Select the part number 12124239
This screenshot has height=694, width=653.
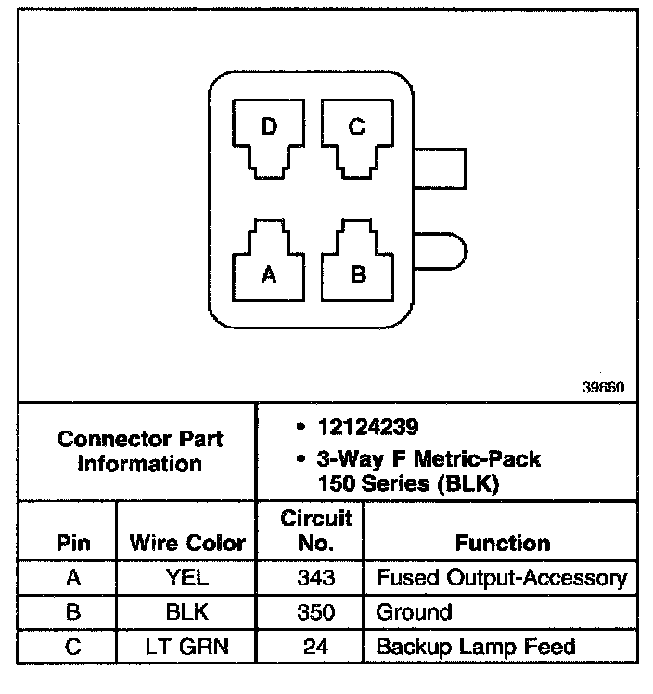point(367,428)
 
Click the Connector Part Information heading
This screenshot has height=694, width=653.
point(140,450)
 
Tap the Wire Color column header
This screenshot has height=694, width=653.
point(187,543)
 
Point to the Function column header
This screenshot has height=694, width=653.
point(503,543)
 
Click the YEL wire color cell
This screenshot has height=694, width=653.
point(187,578)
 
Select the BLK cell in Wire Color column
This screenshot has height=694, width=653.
point(187,612)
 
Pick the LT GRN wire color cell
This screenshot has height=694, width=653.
point(187,647)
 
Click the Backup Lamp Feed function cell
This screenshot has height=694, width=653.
point(476,647)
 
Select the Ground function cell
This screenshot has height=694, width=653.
point(414,612)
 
